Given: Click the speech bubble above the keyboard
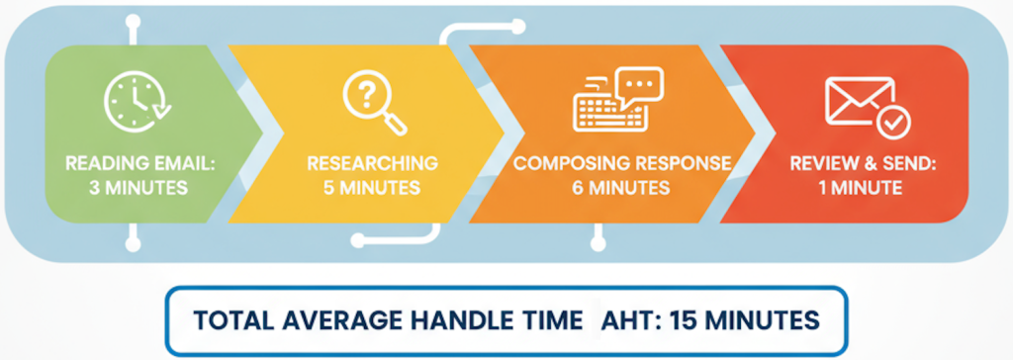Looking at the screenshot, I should [x=639, y=84].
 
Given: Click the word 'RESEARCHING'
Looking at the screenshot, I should [x=372, y=161].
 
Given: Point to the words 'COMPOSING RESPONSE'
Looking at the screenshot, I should [x=621, y=161].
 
